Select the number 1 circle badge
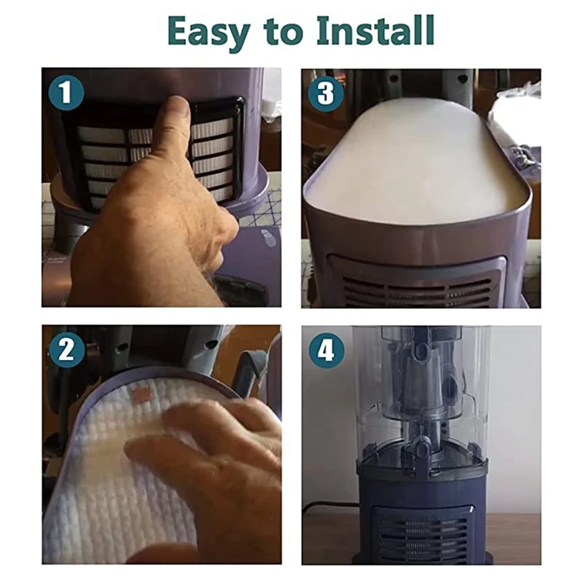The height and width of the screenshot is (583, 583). pos(66,93)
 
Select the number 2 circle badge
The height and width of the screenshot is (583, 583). pos(66,350)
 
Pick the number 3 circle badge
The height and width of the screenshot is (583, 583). pos(326,93)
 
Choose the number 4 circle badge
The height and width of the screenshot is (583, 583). pos(326,350)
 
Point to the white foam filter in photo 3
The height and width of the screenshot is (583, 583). pos(416,160)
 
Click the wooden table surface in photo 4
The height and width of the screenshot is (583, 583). pos(513,536)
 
